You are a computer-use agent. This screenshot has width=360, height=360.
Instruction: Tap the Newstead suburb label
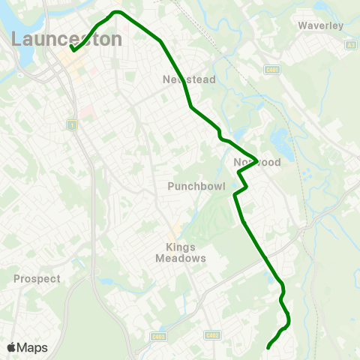pos(190,79)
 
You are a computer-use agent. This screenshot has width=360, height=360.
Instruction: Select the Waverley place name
pos(320,25)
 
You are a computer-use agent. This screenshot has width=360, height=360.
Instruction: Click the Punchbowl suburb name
pos(193,184)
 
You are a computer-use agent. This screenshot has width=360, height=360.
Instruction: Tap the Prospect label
pos(37,278)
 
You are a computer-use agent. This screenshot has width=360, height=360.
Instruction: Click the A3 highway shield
pos(351,45)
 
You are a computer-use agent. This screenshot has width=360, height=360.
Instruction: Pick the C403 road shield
pos(157,337)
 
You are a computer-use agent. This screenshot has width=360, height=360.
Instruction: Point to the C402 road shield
pos(213,335)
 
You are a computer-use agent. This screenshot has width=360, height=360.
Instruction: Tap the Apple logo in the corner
pos(11,347)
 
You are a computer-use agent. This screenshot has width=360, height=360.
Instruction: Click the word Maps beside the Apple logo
pos(32,347)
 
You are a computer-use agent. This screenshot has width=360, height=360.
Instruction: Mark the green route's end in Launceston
pos(73,49)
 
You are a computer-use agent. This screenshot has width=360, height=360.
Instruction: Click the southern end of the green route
pos(268,347)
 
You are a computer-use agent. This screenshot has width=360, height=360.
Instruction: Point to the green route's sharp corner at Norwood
pos(257,160)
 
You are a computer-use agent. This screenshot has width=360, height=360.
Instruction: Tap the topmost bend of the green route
pos(116,12)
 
